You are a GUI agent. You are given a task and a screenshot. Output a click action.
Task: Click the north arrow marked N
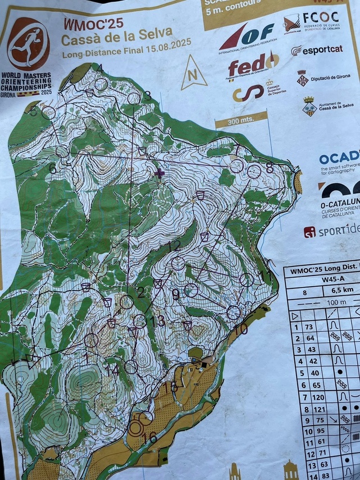[x=194, y=74]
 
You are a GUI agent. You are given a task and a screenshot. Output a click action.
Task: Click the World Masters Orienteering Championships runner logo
[x=28, y=44]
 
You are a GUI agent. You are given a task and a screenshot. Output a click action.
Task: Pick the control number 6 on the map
[x=52, y=168]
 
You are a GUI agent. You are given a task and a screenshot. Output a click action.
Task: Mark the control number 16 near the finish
[x=150, y=437]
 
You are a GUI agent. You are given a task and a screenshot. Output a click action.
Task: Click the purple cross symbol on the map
[x=160, y=173]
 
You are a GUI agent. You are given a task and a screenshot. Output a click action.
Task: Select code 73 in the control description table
[x=308, y=327]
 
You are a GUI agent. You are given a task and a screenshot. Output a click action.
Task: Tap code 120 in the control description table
[x=309, y=397]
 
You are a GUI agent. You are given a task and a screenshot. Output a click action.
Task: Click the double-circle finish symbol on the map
[x=136, y=427]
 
